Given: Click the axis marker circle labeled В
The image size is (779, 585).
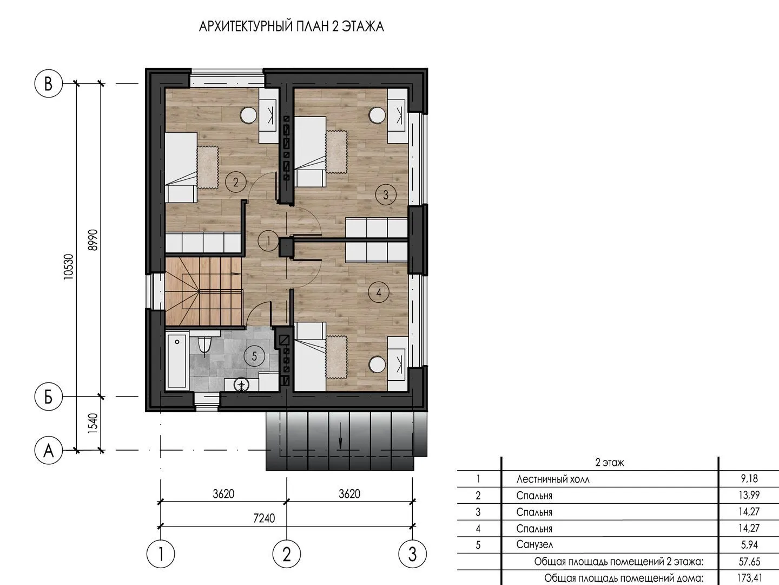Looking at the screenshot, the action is point(48,84).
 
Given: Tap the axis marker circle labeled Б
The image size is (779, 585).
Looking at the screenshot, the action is point(48,396).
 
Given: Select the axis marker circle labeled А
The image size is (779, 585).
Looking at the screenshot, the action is point(48,450).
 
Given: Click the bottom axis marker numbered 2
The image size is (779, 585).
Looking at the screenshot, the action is point(286,554).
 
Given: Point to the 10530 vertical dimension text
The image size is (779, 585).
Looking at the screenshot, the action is point(69,266).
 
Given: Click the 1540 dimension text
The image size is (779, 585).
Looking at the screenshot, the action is point(93,422).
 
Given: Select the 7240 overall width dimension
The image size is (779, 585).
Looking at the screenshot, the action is point(264,518).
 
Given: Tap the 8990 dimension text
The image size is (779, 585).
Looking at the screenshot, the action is point(93,240).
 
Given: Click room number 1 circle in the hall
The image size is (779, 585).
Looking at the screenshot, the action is point(268,241).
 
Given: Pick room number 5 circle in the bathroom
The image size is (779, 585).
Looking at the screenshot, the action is point(254,356).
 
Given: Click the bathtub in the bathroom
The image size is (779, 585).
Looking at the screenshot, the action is point(177,361).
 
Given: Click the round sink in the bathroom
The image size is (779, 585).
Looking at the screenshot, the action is point(242,385).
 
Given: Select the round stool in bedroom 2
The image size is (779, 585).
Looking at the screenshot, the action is point(248,115).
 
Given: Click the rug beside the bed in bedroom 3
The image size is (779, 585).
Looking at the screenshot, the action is point(336,152).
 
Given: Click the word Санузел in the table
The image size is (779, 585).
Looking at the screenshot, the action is point(534,544).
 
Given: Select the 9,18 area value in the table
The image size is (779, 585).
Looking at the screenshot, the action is point(749,478).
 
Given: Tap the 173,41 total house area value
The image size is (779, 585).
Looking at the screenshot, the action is point(749,578).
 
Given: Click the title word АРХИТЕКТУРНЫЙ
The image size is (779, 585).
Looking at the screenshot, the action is point(246,27).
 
